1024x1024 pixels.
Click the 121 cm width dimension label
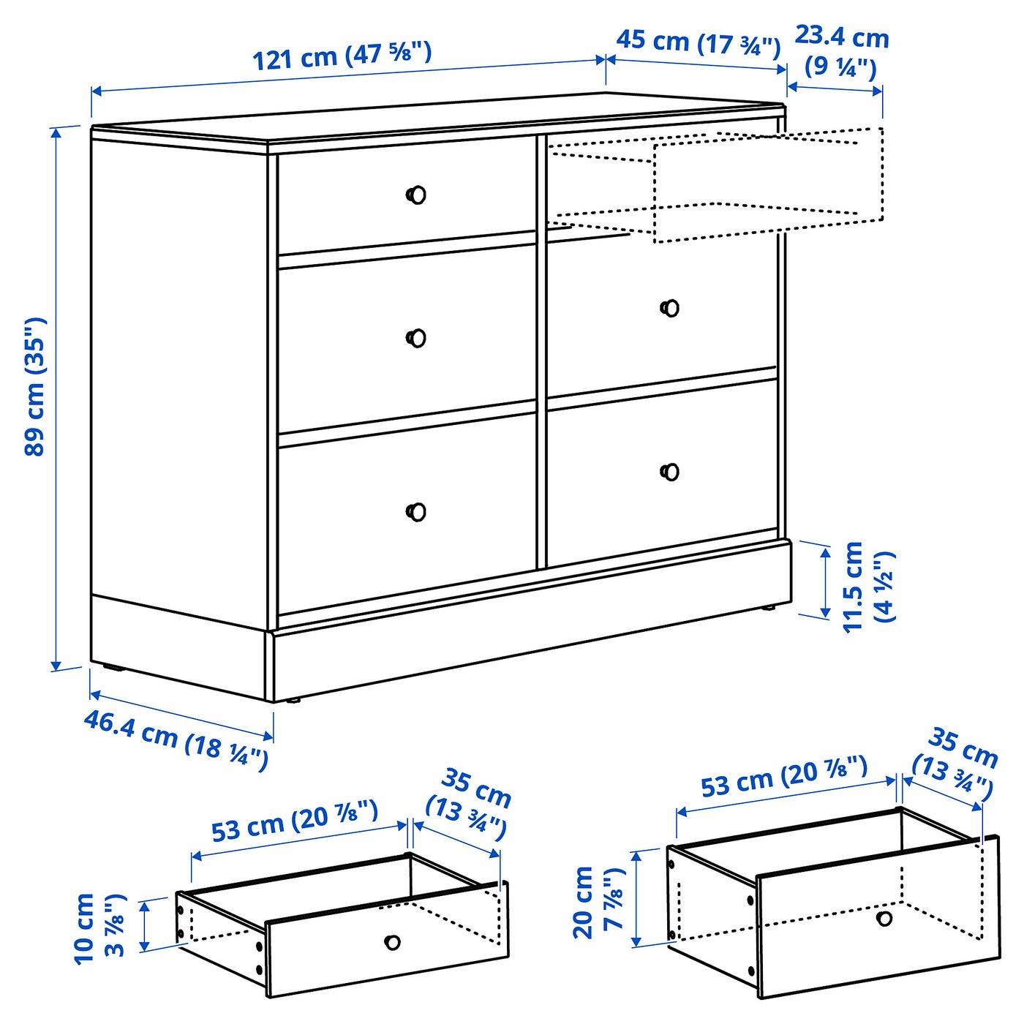pos(342,56)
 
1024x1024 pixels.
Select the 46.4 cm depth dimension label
pos(176,739)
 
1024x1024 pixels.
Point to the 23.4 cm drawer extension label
pos(841,50)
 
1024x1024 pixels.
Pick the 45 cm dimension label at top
pos(698,43)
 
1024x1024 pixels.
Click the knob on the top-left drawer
pos(416,195)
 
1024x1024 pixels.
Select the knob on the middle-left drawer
pos(416,338)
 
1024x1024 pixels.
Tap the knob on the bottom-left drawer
pos(416,511)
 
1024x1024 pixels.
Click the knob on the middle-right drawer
pos(670,308)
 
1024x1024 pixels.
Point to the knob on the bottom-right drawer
pos(670,472)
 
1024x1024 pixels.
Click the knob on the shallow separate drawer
pos(393,942)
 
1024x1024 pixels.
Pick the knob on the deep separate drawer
pos(884,918)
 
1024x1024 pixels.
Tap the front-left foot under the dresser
pos(294,701)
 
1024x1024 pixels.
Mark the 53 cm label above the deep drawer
pos(784,777)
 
